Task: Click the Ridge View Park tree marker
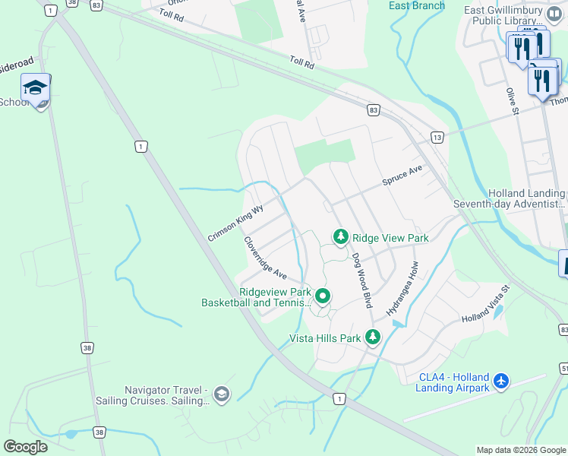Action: (x=341, y=238)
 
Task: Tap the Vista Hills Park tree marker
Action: (x=372, y=337)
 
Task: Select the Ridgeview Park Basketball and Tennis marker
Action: (x=323, y=296)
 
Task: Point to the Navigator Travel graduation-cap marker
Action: (x=221, y=393)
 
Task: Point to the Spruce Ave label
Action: (x=402, y=176)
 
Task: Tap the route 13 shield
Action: (x=436, y=137)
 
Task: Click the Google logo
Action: (x=26, y=447)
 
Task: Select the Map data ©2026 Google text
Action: (x=520, y=450)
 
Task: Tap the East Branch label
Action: (x=416, y=5)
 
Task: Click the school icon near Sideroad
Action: (x=36, y=90)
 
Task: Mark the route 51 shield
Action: (x=563, y=368)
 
